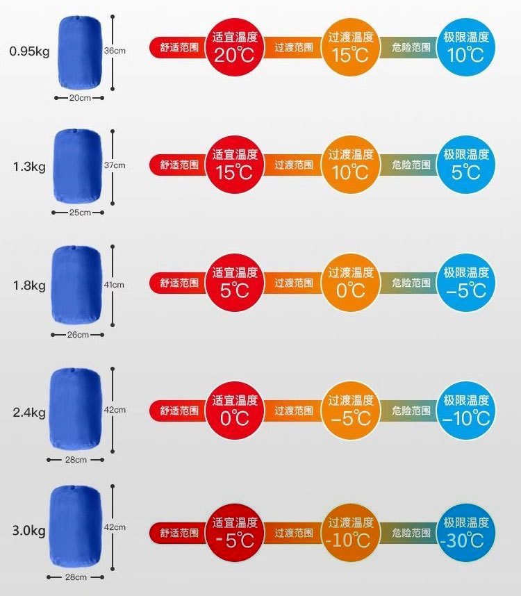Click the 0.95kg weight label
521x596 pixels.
click(29, 51)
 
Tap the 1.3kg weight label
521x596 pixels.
click(29, 167)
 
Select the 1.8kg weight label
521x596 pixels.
click(29, 285)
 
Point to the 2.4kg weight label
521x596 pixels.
click(29, 413)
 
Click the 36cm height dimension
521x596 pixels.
click(115, 51)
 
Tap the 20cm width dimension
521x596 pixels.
click(80, 98)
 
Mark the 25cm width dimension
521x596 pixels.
click(80, 213)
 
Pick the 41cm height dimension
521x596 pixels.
click(115, 285)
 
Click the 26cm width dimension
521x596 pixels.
click(78, 335)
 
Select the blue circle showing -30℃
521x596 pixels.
click(466, 532)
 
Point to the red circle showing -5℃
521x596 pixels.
click(235, 532)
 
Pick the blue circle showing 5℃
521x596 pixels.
click(466, 165)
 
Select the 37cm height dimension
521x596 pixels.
click(115, 165)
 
